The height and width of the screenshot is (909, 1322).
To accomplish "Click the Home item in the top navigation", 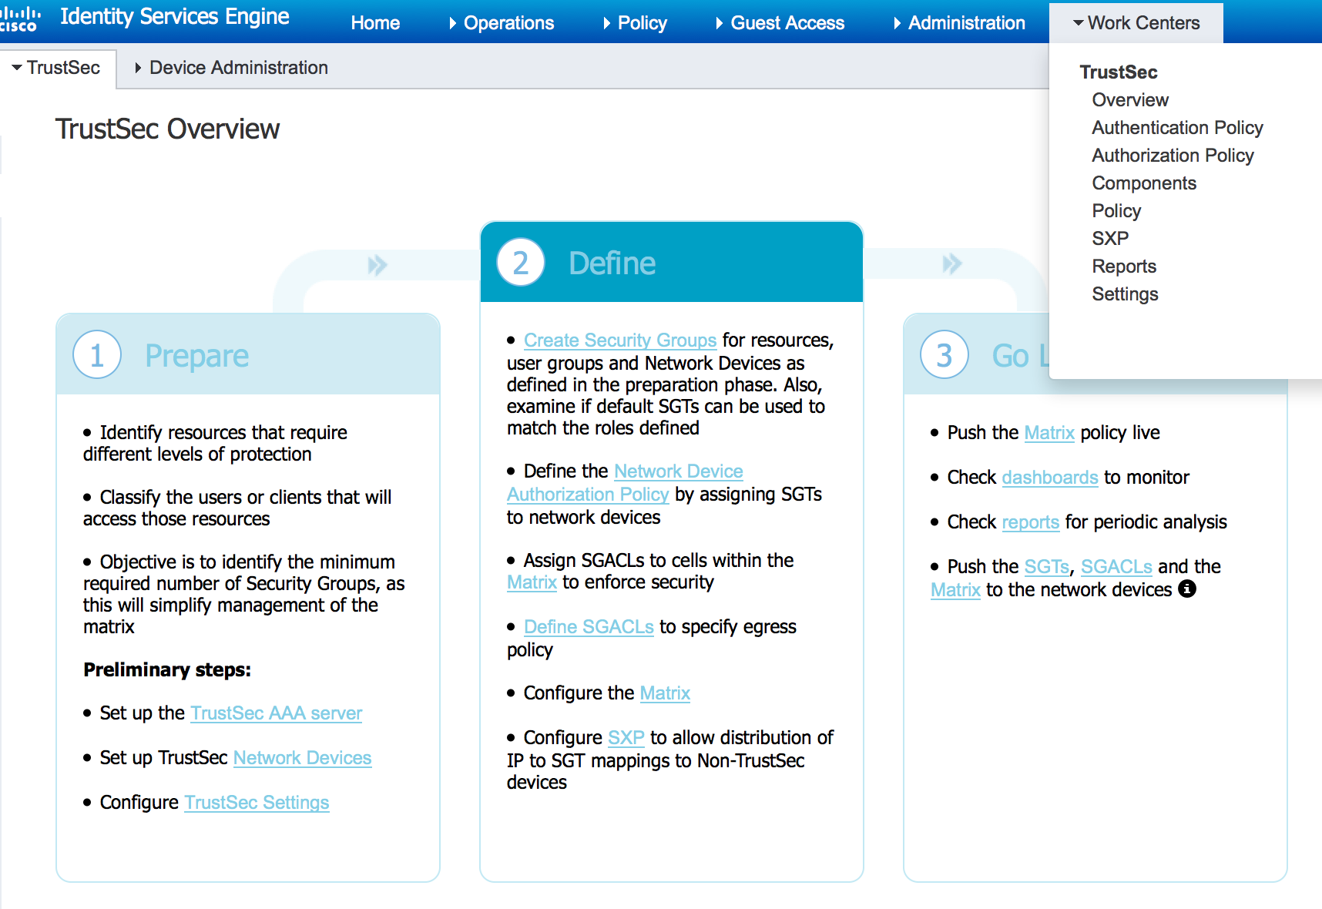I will coord(375,23).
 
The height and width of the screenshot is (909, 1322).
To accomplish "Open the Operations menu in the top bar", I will coord(508,23).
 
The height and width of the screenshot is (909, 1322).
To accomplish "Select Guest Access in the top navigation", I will coord(787,23).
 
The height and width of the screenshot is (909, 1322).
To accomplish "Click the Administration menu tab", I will coord(966,23).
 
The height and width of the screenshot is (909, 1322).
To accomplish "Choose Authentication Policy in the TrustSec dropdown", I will coord(1177,128).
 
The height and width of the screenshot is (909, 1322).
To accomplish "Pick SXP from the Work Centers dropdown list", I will coord(1110,239).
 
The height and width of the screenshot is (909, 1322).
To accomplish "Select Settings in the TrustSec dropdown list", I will coord(1125,294).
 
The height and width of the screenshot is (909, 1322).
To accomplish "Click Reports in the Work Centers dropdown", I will coord(1124,267).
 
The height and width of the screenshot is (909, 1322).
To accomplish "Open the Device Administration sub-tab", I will coord(238,68).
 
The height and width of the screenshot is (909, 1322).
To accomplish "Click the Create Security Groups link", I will coord(620,340).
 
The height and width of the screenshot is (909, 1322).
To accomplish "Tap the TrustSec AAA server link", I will coord(277,713).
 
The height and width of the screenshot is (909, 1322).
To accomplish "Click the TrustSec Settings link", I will coord(257,803).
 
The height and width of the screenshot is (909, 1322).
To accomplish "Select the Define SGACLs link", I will coord(589,627).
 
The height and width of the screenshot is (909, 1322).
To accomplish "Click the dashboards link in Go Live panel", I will coord(1050,478).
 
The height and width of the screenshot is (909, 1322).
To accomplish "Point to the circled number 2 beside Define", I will coord(521,263).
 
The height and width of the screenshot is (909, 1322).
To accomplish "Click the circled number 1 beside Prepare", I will coord(97,355).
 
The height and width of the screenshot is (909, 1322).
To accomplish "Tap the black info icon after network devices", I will coord(1188,589).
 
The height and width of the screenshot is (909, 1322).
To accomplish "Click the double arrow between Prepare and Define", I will coord(377,266).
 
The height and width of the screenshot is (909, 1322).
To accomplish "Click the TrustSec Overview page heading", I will coord(167,129).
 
